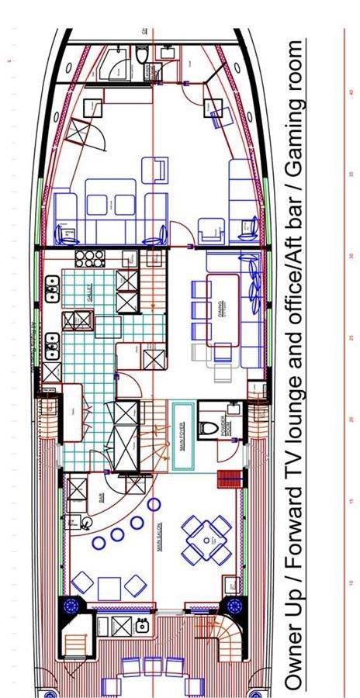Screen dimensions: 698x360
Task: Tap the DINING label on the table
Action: pos(221,308)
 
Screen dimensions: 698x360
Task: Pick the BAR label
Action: pos(102,496)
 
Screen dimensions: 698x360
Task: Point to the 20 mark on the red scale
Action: pos(351,420)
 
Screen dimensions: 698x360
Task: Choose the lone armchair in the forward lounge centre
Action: pos(157,168)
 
